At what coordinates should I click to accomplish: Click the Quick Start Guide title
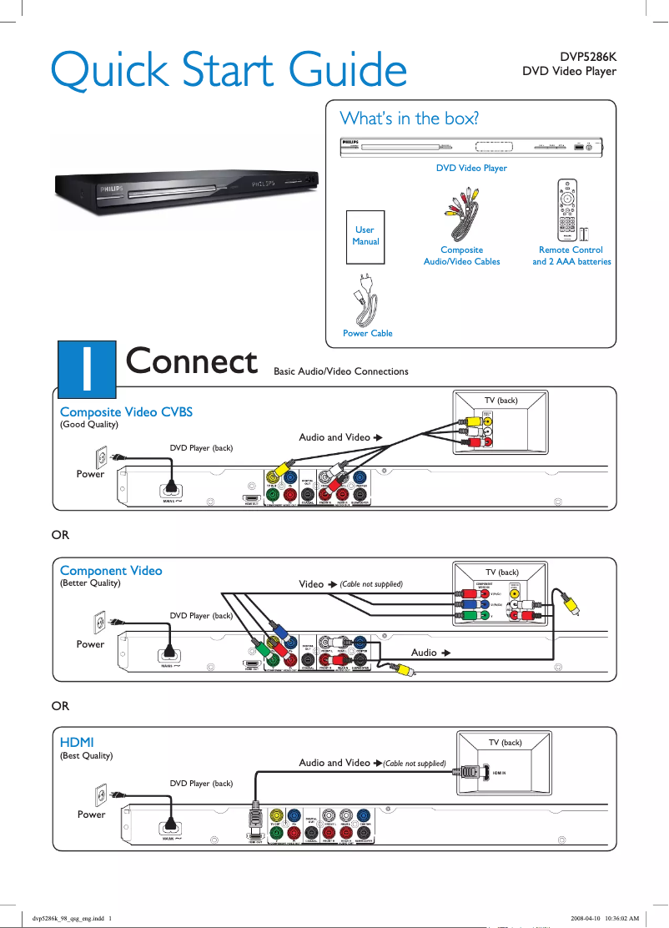point(229,70)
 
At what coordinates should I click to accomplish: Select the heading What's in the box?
point(409,118)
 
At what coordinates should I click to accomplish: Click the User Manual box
point(365,235)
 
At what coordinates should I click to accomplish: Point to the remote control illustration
point(567,209)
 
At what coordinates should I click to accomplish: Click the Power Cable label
point(367,333)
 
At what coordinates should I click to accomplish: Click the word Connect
point(191,362)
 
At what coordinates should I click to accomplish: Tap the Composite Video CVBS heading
point(126,411)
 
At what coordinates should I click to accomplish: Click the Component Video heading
point(111,571)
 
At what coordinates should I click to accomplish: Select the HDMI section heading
point(77,741)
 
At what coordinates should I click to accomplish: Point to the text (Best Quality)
point(86,755)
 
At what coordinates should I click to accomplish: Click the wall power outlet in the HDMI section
point(102,796)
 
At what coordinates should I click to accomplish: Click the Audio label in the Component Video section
point(424,652)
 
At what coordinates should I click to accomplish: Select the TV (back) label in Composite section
point(501,401)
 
